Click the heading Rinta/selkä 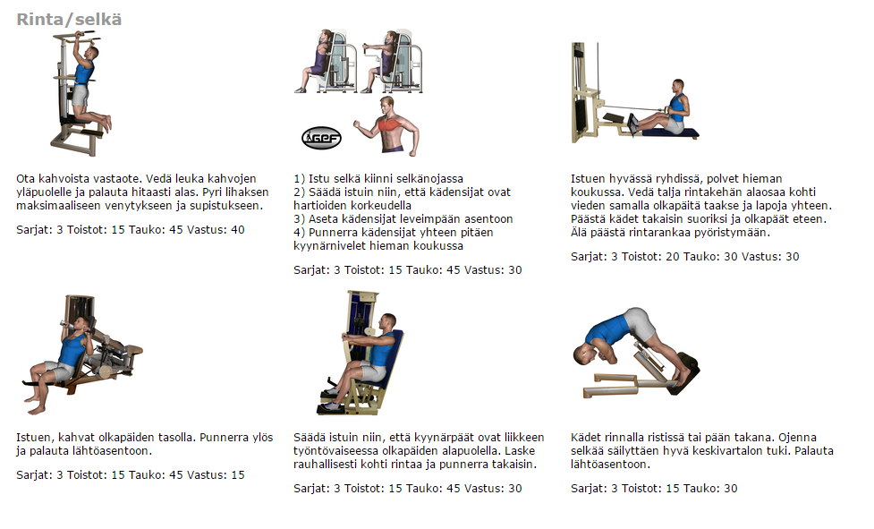[69, 20]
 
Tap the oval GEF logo [321, 138]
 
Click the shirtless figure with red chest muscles [386, 125]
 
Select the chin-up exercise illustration [80, 94]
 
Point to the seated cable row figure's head [677, 87]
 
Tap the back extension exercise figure [635, 353]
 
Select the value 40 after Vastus [238, 230]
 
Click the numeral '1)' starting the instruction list [300, 179]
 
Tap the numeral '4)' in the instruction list [300, 233]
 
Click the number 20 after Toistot [673, 256]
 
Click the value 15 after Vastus [238, 475]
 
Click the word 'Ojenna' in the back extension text [798, 438]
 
